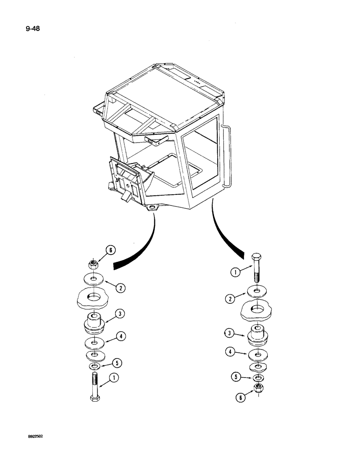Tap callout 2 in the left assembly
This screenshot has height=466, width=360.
click(120, 288)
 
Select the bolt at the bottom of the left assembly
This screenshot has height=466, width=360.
click(95, 387)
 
